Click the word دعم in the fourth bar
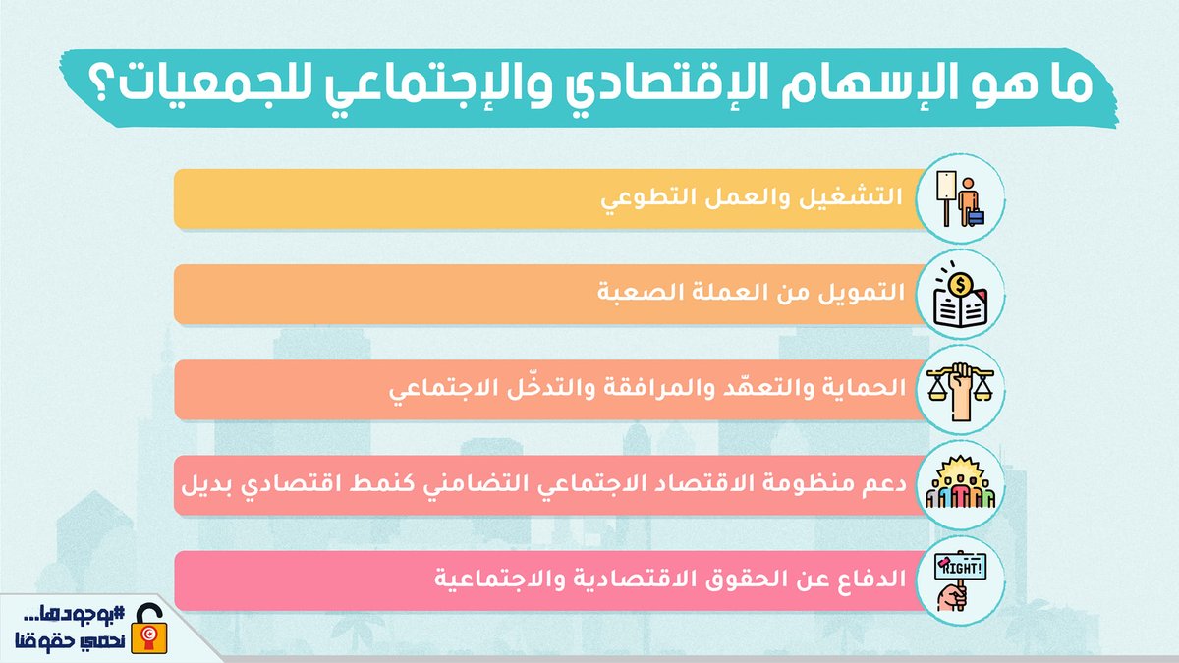click(x=879, y=484)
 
